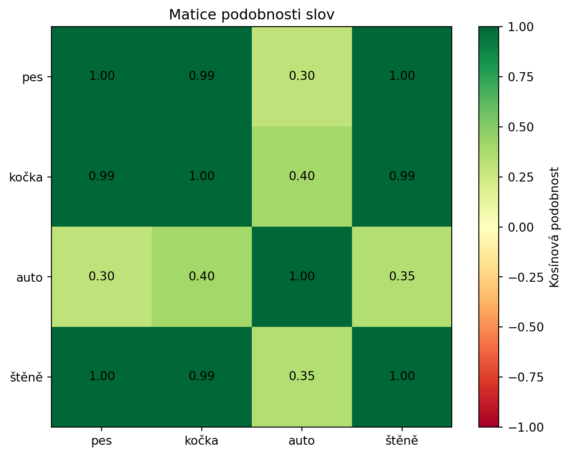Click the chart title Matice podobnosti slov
pyautogui.click(x=251, y=15)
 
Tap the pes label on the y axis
pyautogui.click(x=32, y=77)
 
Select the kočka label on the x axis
pyautogui.click(x=201, y=441)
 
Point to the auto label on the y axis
pyautogui.click(x=29, y=277)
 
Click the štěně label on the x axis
pyautogui.click(x=402, y=441)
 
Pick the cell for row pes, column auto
pyautogui.click(x=301, y=76)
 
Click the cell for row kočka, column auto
pyautogui.click(x=301, y=177)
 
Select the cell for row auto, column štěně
pyautogui.click(x=402, y=276)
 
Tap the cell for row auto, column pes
pyautogui.click(x=102, y=276)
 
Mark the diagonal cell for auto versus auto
pyautogui.click(x=301, y=276)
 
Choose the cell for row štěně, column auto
pyautogui.click(x=301, y=377)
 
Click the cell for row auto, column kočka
pyautogui.click(x=201, y=276)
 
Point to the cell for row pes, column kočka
pyautogui.click(x=201, y=76)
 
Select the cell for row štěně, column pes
pyautogui.click(x=102, y=377)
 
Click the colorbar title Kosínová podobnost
pyautogui.click(x=555, y=227)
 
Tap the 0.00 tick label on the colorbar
pyautogui.click(x=520, y=227)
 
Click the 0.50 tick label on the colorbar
pyautogui.click(x=520, y=127)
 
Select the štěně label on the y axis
pyautogui.click(x=26, y=377)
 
